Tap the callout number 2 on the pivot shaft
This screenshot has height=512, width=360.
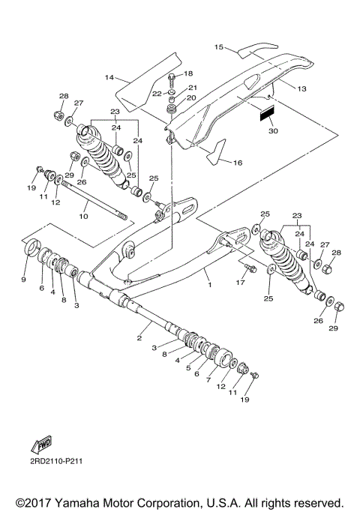coord(139,338)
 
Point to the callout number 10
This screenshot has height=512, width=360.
coord(83,216)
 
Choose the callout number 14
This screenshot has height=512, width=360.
coord(109,77)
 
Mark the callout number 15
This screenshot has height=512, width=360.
coord(220,46)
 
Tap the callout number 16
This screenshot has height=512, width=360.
coord(238,162)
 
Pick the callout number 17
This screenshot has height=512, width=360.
coord(242,283)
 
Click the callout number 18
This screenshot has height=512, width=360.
coord(188,73)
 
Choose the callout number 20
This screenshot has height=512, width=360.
coord(190,98)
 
